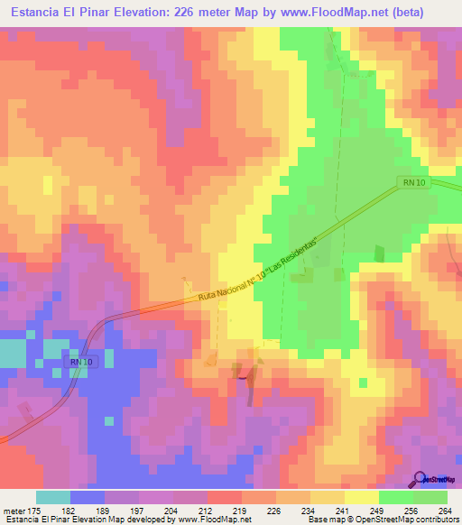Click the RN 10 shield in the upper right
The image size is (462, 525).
411,184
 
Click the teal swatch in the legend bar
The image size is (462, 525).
53,497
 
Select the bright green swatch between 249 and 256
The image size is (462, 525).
396,497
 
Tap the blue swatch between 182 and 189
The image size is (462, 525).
88,497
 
